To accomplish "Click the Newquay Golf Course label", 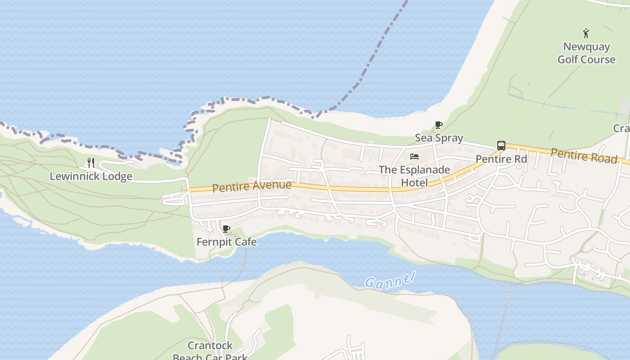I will click(586, 53).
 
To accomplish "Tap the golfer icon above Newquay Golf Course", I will click(586, 33).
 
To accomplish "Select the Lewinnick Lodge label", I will click(91, 176).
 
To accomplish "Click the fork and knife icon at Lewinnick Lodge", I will click(91, 162).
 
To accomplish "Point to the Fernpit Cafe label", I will click(227, 242).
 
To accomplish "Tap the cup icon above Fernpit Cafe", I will click(226, 229).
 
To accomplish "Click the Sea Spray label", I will click(439, 138).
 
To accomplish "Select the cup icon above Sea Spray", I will click(439, 125).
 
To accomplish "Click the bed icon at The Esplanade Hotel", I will click(414, 157).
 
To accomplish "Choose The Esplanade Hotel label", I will click(414, 176).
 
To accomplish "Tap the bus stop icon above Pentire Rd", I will click(501, 146).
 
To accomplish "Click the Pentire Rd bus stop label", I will click(501, 159).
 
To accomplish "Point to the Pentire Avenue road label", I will click(252, 186).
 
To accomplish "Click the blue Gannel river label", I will click(389, 281).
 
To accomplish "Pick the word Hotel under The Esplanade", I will click(414, 182).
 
